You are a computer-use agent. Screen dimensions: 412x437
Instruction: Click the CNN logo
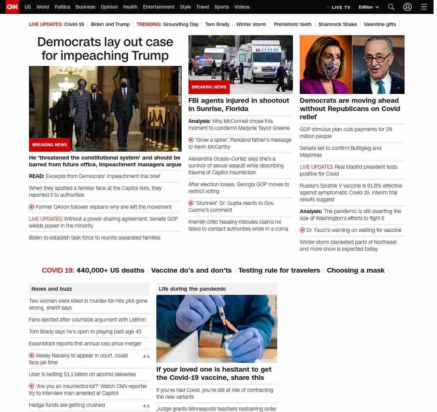click(12, 7)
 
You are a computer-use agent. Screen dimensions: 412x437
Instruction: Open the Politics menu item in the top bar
click(62, 7)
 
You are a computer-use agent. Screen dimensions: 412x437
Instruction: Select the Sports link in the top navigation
click(222, 7)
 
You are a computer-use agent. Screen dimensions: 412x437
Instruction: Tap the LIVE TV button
click(339, 7)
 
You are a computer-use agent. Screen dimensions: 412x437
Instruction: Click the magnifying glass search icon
click(391, 7)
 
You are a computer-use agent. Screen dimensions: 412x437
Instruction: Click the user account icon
click(408, 7)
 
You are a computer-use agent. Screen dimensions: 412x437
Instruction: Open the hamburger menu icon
click(424, 7)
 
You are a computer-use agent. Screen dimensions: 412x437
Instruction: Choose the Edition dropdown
click(369, 7)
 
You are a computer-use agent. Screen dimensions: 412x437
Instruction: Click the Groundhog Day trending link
click(181, 24)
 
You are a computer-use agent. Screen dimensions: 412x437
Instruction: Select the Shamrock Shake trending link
click(337, 24)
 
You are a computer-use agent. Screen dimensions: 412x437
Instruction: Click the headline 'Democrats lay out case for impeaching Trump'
click(105, 49)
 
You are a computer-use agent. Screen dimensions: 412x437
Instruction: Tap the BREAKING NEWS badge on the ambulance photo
click(209, 87)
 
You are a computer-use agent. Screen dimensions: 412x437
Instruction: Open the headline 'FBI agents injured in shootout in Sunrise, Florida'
click(239, 105)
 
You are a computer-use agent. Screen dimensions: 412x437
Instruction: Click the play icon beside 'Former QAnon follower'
click(32, 207)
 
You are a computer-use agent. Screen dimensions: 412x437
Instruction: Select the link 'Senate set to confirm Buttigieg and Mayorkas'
click(340, 151)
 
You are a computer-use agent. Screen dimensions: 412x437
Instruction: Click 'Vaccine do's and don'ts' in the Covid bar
click(191, 270)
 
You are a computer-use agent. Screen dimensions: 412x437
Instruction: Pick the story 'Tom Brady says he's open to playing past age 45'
click(85, 331)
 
